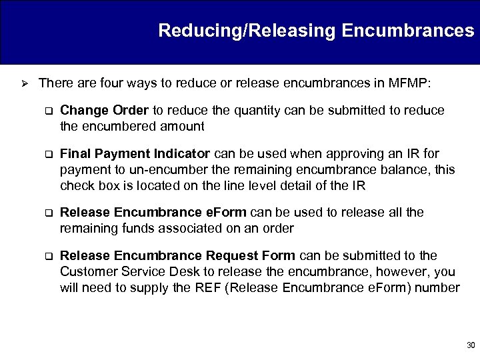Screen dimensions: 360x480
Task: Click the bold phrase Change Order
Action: pyautogui.click(x=105, y=110)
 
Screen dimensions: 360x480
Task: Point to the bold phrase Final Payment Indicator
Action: pyautogui.click(x=135, y=154)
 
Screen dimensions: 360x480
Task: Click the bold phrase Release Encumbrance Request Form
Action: pyautogui.click(x=178, y=255)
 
